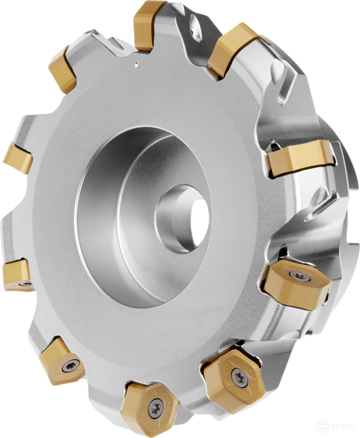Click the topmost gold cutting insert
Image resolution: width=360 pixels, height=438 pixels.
[150, 24]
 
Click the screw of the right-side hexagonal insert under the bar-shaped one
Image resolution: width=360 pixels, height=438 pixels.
[304, 277]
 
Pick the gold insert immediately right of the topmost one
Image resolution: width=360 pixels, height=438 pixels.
[234, 49]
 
